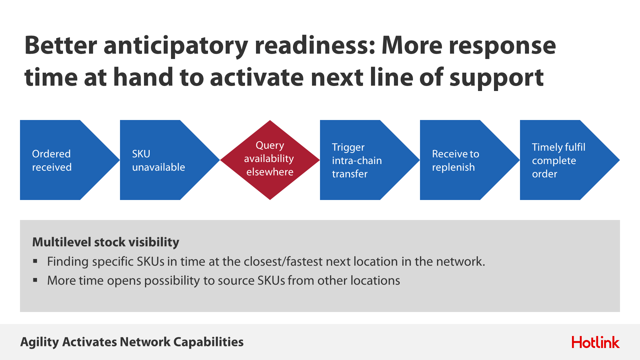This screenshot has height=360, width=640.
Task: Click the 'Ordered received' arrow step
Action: coord(63,160)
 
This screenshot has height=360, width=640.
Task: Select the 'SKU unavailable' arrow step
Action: coord(163,160)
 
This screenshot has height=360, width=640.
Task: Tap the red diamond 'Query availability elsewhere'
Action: coord(270,160)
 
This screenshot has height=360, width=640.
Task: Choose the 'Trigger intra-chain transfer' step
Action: coord(363,160)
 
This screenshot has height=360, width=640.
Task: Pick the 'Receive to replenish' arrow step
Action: coord(463,160)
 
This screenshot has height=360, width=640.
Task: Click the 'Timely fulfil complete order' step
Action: coord(563,160)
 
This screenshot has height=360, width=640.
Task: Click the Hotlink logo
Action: coord(596,342)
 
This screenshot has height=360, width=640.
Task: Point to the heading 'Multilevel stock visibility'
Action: coord(106,242)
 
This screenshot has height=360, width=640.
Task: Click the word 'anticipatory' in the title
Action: coord(176,46)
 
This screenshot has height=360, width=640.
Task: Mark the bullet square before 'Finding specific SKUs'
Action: coord(35,261)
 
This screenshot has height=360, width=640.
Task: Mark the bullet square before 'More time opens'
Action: coord(35,280)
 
